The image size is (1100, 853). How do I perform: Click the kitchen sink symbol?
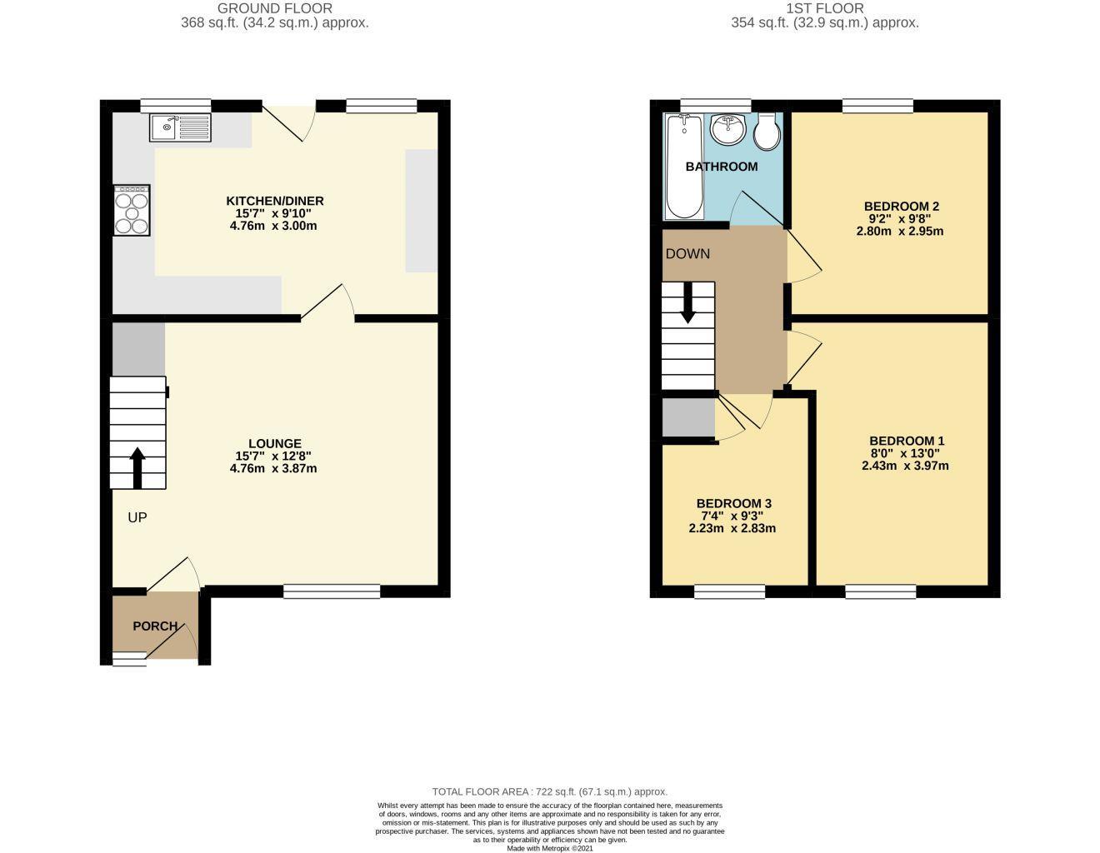pyautogui.click(x=181, y=127)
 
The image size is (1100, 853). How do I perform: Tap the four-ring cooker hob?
pyautogui.click(x=132, y=209)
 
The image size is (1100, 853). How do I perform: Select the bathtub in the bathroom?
pyautogui.click(x=685, y=167)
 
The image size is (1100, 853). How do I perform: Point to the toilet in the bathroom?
pyautogui.click(x=765, y=132)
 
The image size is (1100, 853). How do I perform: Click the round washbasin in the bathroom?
pyautogui.click(x=727, y=129)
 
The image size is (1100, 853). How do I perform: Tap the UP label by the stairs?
pyautogui.click(x=137, y=518)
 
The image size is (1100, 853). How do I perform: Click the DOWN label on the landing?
pyautogui.click(x=687, y=254)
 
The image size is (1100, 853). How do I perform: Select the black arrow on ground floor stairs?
pyautogui.click(x=137, y=467)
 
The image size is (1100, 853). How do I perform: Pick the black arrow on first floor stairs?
pyautogui.click(x=688, y=303)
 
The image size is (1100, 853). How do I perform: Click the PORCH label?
pyautogui.click(x=155, y=626)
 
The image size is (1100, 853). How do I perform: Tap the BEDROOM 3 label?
pyautogui.click(x=733, y=503)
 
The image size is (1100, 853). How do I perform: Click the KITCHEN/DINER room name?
pyautogui.click(x=275, y=201)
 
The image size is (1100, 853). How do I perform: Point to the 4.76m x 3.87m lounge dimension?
pyautogui.click(x=274, y=468)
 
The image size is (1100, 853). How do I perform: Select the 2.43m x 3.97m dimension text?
pyautogui.click(x=905, y=466)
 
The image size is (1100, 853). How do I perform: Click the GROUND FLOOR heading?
pyautogui.click(x=275, y=8)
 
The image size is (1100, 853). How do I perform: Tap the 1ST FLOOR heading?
pyautogui.click(x=824, y=8)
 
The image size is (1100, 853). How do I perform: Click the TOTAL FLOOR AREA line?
pyautogui.click(x=549, y=791)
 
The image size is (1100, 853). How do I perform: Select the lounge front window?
pyautogui.click(x=332, y=591)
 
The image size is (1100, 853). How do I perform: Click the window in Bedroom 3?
pyautogui.click(x=730, y=591)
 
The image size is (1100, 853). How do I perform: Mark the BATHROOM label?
pyautogui.click(x=722, y=167)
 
